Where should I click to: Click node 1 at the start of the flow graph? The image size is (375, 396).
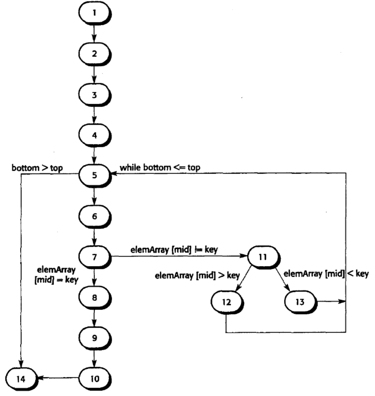[94, 14]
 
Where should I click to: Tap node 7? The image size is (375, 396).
[94, 257]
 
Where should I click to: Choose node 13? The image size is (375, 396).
[299, 301]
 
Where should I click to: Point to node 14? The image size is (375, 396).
[21, 378]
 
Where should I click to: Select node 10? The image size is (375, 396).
[94, 378]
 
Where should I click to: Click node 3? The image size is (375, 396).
[94, 95]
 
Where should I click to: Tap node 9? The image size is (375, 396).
[94, 337]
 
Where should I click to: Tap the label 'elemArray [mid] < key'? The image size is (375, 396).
[326, 274]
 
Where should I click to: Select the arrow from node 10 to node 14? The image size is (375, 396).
[57, 378]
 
